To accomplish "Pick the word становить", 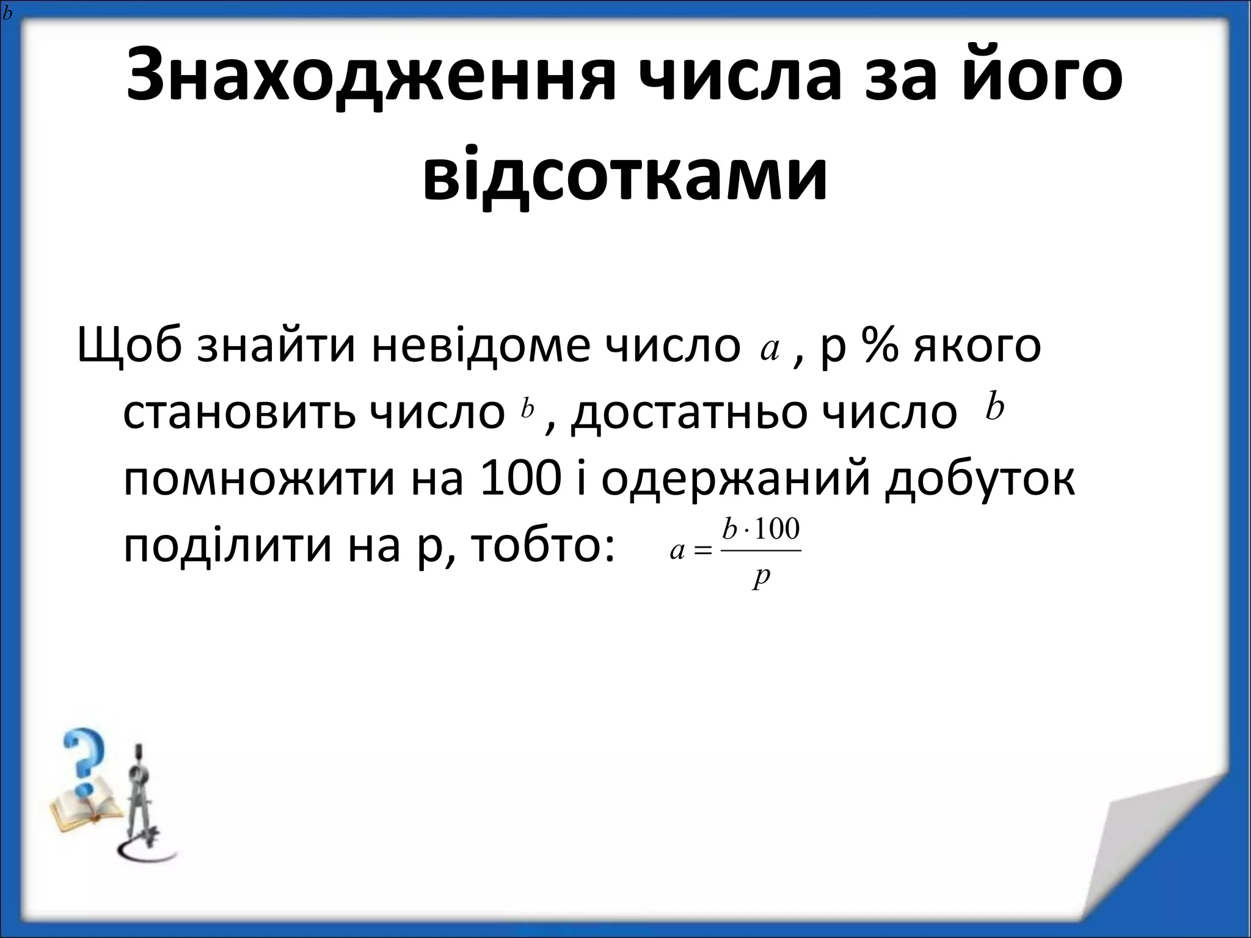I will [x=239, y=413].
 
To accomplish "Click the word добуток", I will [x=980, y=479].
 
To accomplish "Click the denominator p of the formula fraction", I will [x=761, y=578].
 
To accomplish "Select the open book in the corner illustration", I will [x=79, y=813].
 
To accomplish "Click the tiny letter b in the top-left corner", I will [x=7, y=13].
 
